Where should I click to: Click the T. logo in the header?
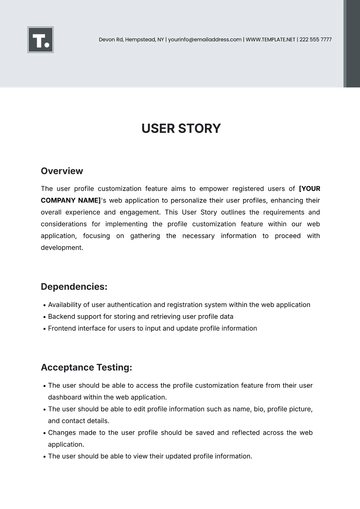coord(41,40)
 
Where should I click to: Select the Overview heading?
coord(62,171)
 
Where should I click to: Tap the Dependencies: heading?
coord(75,286)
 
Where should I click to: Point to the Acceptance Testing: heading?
coord(86,366)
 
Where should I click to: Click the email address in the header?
coord(204,39)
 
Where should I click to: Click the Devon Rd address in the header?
coord(131,39)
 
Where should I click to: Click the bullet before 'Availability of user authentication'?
coord(43,305)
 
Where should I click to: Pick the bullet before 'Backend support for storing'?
coord(43,317)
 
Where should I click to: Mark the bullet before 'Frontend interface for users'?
coord(43,329)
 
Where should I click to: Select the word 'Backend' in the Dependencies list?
coord(62,317)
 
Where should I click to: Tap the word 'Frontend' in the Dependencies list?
coord(63,329)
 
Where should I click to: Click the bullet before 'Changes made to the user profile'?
coord(43,433)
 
